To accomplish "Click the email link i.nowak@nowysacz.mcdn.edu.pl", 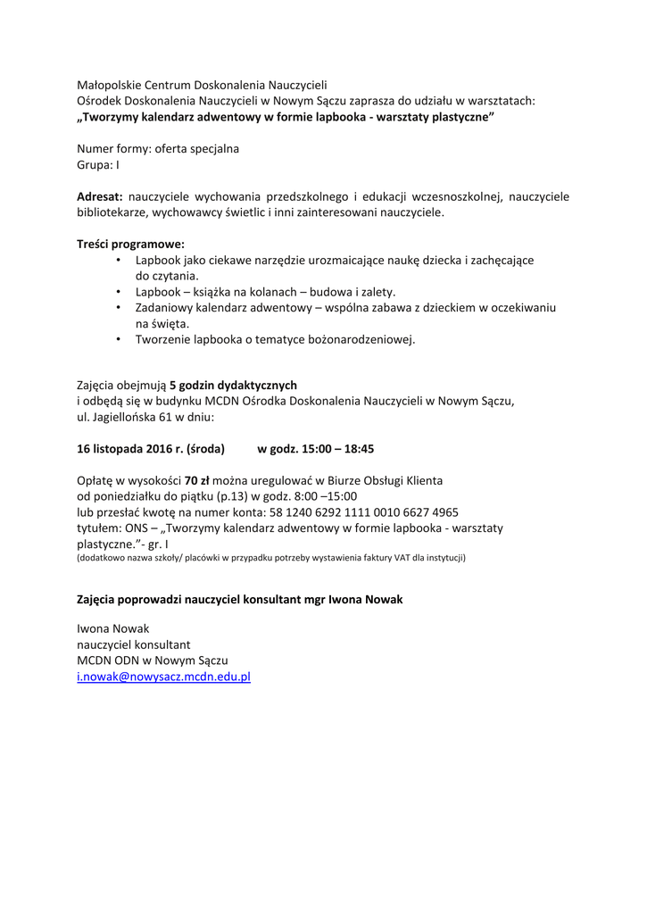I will (x=163, y=677).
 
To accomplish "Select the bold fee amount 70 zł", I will (x=197, y=480).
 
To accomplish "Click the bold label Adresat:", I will (x=100, y=196).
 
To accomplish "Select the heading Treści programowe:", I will (x=130, y=243).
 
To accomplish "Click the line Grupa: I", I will (x=98, y=164).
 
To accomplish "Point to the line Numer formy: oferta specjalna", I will (x=158, y=148).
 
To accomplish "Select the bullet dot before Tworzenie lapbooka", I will (x=119, y=339).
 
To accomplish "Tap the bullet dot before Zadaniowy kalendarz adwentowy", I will (x=119, y=307).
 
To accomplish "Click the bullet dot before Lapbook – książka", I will (x=119, y=291).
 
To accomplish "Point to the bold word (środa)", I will (x=206, y=448).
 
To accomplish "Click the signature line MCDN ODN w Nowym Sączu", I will (x=153, y=661).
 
